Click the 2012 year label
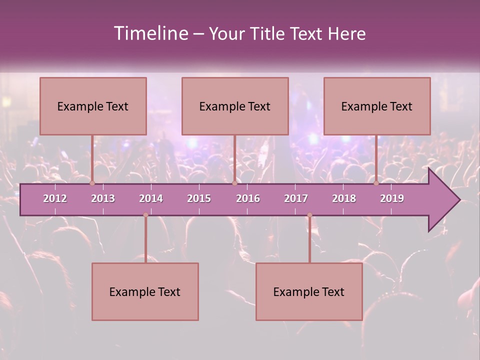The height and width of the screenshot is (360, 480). coord(55,198)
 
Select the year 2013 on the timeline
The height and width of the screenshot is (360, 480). coord(103,198)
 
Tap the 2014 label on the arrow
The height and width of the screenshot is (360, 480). coord(151,198)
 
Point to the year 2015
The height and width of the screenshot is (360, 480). coord(199,198)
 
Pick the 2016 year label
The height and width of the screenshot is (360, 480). coord(248,198)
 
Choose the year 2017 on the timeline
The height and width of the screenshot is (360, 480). coord(296,198)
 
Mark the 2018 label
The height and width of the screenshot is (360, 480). coord(344,198)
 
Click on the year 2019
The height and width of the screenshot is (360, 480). coord(392,198)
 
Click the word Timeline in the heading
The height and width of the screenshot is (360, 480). coord(149,33)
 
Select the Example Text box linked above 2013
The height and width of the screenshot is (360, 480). coord(93,106)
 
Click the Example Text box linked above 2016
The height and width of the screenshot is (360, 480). coord(235,106)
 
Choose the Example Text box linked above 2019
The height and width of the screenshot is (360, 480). coord(377,106)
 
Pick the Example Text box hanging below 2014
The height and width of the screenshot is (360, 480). coord(145,291)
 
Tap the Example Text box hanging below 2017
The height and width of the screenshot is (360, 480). coord(309,291)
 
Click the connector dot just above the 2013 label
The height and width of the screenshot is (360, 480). coord(92,183)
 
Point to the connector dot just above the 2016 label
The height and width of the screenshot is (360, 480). coord(234,183)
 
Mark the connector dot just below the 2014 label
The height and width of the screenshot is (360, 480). coord(145,215)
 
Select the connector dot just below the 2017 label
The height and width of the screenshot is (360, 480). coord(309,215)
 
